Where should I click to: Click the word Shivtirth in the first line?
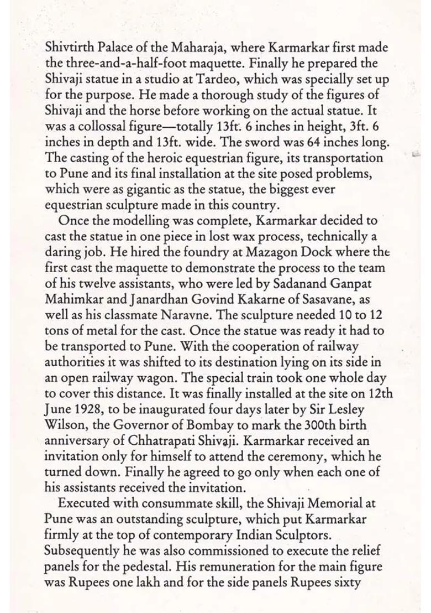coord(68,48)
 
